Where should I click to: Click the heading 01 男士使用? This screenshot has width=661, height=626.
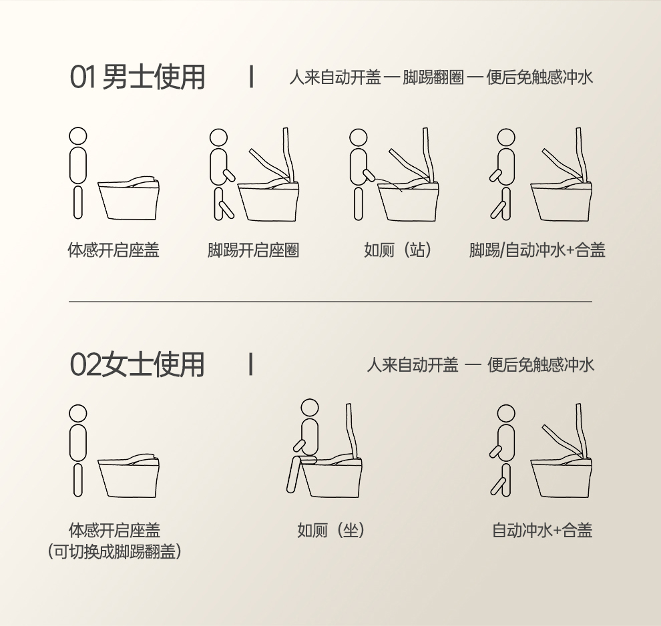(138, 77)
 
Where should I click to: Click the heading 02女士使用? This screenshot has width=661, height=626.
(138, 365)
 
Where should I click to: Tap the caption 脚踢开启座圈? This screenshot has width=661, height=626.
(253, 250)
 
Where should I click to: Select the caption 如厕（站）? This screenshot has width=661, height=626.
(398, 250)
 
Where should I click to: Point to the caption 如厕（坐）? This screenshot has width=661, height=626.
(331, 530)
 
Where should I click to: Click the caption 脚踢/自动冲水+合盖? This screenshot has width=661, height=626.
(537, 250)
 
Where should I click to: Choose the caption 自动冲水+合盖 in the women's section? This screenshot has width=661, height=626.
(543, 530)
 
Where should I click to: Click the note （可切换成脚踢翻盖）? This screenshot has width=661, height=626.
(115, 551)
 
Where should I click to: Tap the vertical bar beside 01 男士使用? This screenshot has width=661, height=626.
(252, 77)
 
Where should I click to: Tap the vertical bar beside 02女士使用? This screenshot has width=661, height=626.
(251, 364)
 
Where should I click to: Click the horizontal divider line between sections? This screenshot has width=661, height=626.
(330, 302)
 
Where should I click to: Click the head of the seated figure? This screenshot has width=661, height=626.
(310, 408)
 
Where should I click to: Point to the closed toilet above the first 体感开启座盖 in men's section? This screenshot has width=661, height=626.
(129, 198)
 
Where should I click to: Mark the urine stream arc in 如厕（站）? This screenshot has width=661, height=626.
(389, 184)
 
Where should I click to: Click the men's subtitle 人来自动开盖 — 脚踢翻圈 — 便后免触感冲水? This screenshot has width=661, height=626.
(441, 77)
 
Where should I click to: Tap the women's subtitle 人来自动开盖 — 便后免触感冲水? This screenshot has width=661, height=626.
(480, 365)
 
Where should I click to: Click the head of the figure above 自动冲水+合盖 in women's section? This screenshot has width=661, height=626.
(506, 413)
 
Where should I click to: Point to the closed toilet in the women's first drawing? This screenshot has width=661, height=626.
(129, 476)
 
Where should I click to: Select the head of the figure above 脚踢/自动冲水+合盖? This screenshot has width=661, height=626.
(506, 137)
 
